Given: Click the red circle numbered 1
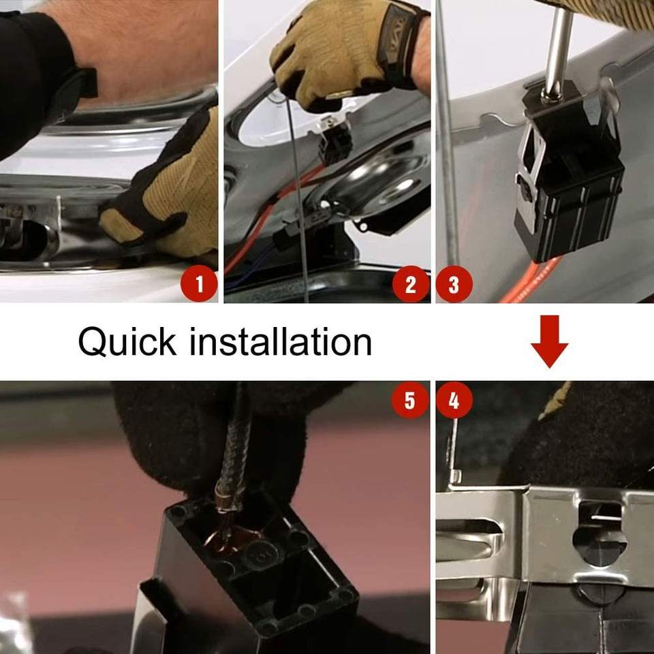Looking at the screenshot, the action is [x=199, y=283].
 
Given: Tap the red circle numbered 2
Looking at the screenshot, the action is [x=410, y=284].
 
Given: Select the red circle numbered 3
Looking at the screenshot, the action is [x=454, y=284].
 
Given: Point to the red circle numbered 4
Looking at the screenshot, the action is [x=454, y=400].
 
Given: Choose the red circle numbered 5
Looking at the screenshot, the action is [x=410, y=400].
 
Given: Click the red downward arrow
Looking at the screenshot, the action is [x=549, y=341].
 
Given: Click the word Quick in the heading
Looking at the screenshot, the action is [x=127, y=342].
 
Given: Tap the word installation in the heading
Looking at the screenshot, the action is [x=280, y=341].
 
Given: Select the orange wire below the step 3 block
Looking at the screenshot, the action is [x=528, y=281].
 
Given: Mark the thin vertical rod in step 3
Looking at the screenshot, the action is [x=448, y=134].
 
